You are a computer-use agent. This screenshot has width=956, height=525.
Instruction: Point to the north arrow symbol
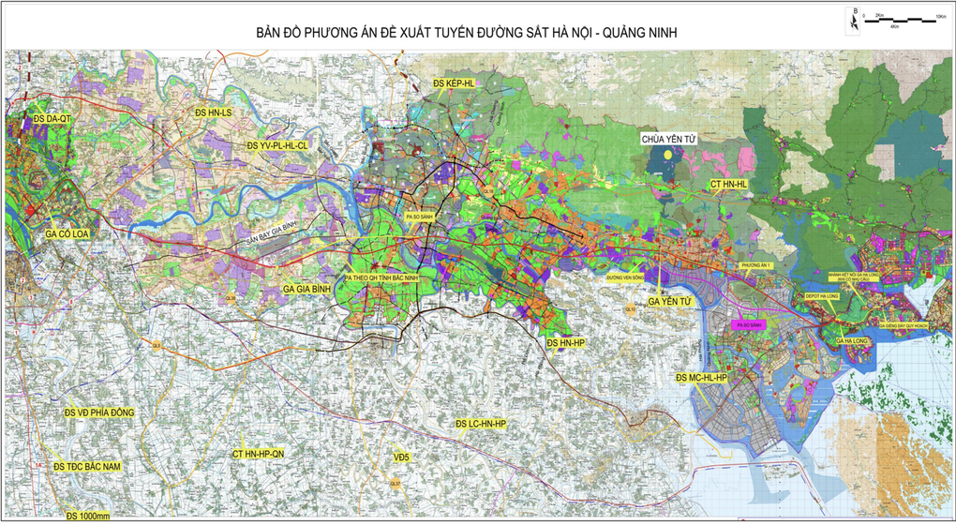pyautogui.click(x=854, y=16)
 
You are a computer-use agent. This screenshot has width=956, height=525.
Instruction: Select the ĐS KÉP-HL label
pyautogui.click(x=455, y=84)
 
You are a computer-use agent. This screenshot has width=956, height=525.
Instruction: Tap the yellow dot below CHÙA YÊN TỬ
pyautogui.click(x=665, y=155)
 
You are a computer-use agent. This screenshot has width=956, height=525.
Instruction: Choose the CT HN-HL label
pyautogui.click(x=728, y=185)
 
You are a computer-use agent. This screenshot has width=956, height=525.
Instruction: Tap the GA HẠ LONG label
pyautogui.click(x=848, y=342)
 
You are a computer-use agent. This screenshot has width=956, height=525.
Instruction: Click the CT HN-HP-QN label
pyautogui.click(x=271, y=453)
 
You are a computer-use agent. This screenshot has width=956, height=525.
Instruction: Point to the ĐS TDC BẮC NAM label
pyautogui.click(x=93, y=466)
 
